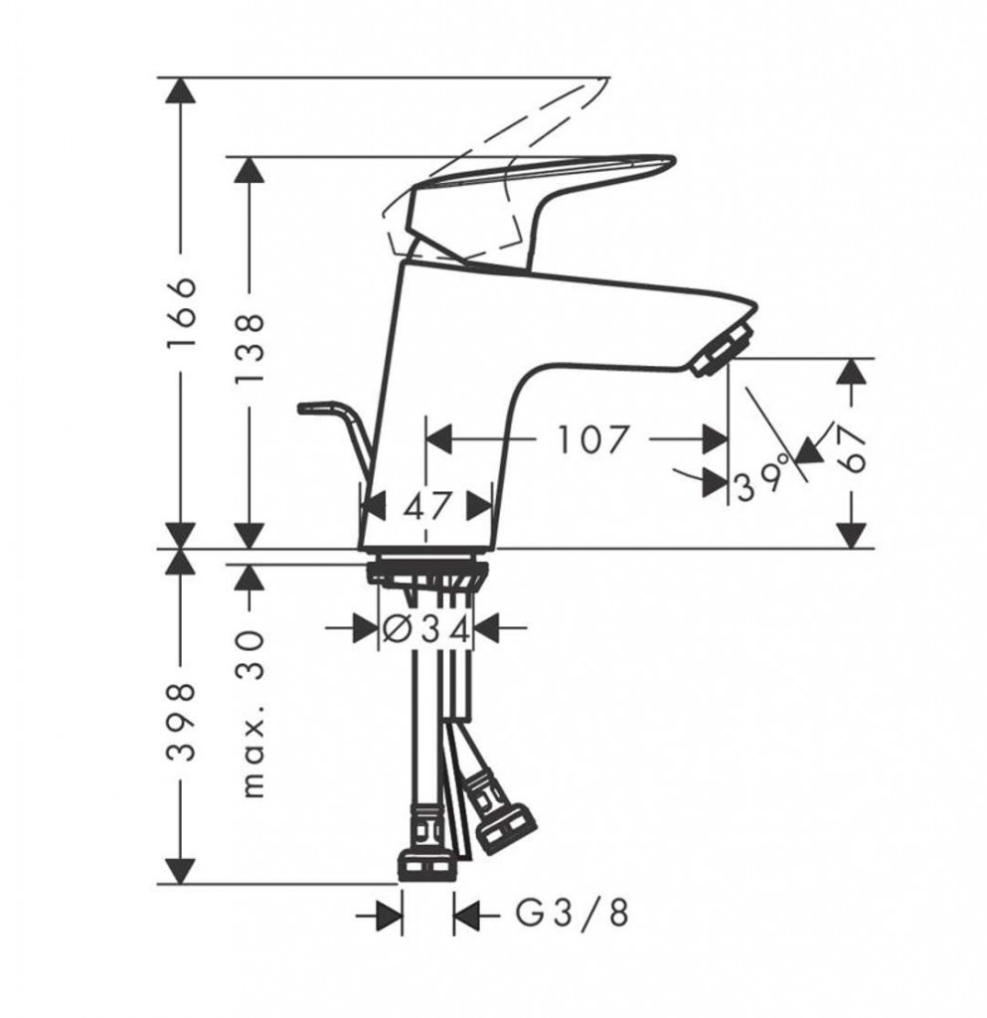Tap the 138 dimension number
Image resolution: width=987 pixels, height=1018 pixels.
point(249,349)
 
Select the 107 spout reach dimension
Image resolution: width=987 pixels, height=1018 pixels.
point(594,438)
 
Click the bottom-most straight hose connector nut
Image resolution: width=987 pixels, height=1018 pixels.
point(428,864)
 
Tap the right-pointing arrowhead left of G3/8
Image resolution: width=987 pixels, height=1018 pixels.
point(389,913)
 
